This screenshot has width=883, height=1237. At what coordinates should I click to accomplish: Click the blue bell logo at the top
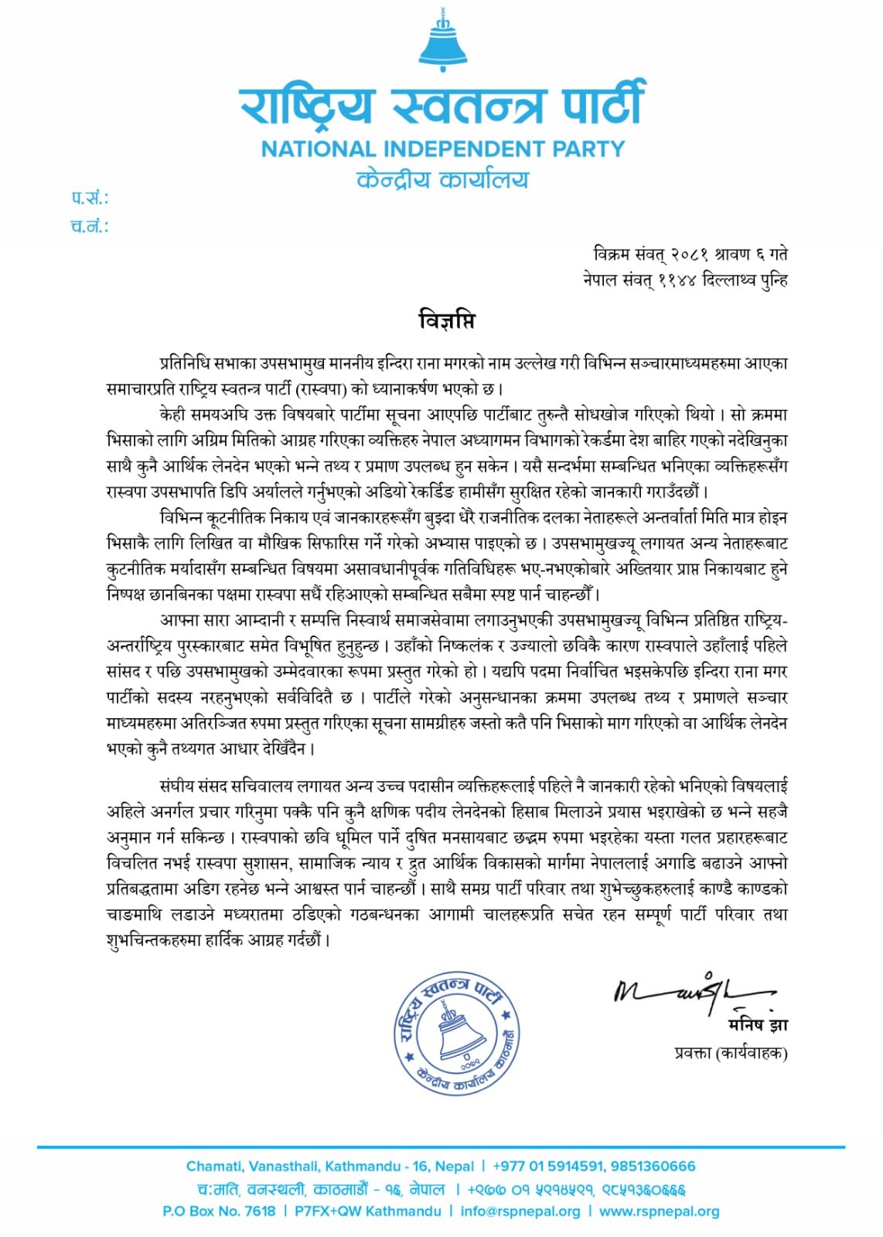click(443, 43)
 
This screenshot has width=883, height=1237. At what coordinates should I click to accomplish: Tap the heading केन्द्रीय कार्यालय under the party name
click(442, 180)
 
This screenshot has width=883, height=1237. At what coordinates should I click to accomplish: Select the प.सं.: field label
click(90, 199)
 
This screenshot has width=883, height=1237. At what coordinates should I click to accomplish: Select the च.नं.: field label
click(90, 227)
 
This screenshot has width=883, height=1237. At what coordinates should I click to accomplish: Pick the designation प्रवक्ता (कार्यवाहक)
click(730, 1052)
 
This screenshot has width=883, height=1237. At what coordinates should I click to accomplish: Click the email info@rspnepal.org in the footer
click(520, 1211)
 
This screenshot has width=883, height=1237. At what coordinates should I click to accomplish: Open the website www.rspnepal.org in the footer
click(659, 1211)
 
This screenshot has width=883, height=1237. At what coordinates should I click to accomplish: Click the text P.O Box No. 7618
click(219, 1211)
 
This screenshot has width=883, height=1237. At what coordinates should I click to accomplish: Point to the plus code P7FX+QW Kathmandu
click(367, 1211)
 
